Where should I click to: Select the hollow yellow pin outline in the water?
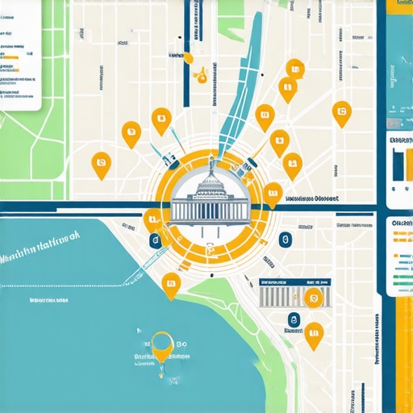click(x=161, y=344)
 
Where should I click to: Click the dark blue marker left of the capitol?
click(x=154, y=240)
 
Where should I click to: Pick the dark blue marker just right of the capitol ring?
click(x=283, y=240)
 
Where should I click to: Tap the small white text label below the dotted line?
click(x=48, y=301)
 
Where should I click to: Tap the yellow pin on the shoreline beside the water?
click(x=170, y=284)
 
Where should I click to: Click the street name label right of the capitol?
click(x=311, y=198)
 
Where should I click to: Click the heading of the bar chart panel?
click(x=401, y=141)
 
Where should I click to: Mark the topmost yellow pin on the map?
click(x=293, y=72)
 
